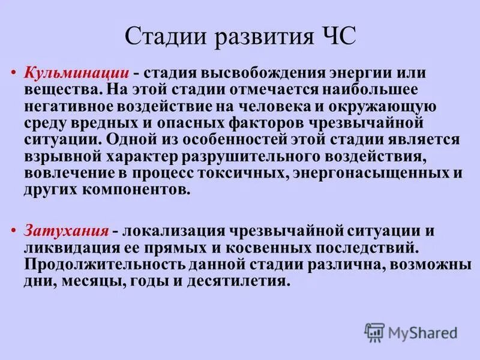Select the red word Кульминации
(77, 72)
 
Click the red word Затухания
(67, 230)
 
